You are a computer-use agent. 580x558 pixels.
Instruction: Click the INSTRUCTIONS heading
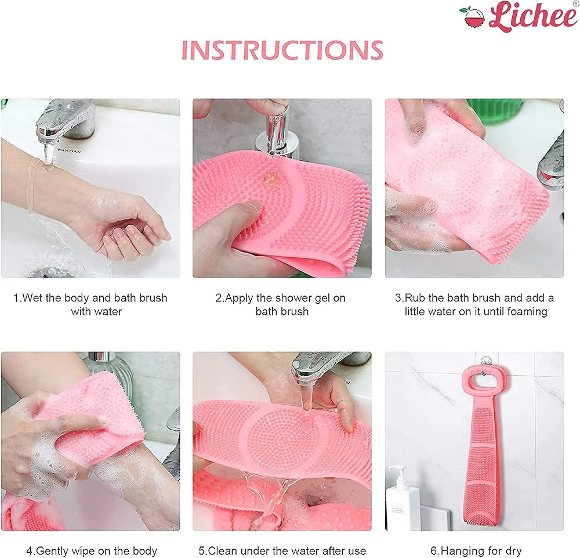282,50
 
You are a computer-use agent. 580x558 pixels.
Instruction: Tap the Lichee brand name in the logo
532,15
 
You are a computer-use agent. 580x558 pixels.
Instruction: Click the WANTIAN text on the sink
69,151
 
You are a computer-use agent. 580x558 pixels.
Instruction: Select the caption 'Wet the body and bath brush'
90,298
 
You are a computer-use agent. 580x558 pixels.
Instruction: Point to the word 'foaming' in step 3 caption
527,312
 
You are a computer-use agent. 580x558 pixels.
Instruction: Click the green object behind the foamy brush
496,108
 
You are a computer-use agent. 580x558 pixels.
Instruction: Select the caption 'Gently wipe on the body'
92,550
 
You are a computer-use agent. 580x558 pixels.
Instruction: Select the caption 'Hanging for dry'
476,550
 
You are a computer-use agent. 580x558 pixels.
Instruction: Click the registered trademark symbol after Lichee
575,3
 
